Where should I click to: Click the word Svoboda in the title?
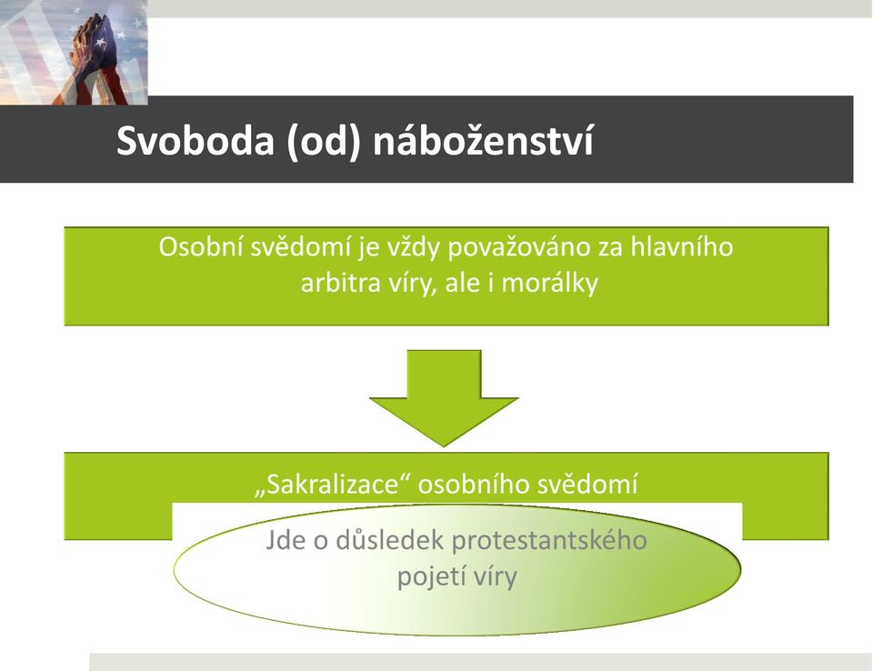click(x=196, y=140)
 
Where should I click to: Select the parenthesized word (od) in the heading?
click(x=324, y=142)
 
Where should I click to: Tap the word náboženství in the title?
click(x=483, y=140)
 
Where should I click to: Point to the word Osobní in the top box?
click(x=200, y=246)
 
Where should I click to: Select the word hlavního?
click(x=681, y=246)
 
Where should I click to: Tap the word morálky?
click(x=549, y=284)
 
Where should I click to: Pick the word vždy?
click(x=410, y=247)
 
